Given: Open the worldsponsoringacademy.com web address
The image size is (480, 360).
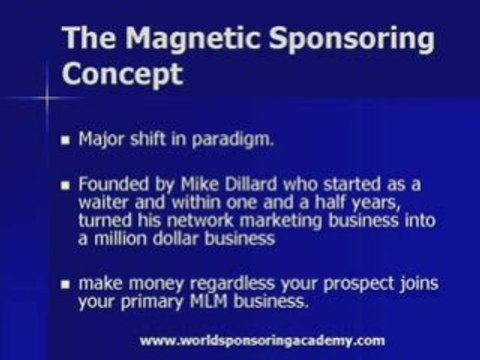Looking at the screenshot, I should coord(261,339).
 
